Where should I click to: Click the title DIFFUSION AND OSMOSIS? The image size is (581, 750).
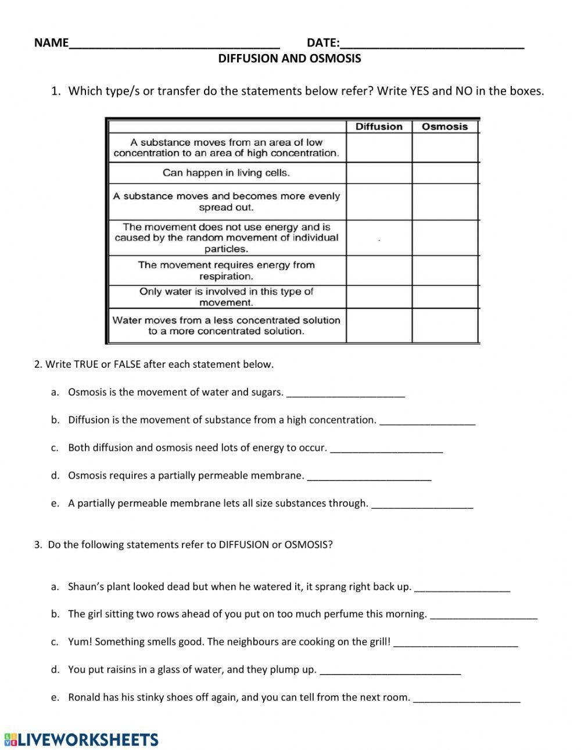click(289, 59)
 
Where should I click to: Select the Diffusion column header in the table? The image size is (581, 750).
click(379, 127)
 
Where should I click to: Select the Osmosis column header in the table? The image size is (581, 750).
click(444, 127)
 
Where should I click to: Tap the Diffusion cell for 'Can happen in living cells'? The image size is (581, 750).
click(379, 173)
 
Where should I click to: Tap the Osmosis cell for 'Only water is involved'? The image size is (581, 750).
click(444, 297)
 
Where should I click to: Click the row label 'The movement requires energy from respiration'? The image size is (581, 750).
click(227, 271)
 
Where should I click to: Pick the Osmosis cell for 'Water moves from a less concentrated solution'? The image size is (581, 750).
click(444, 325)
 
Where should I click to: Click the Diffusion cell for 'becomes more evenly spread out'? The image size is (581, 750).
click(379, 202)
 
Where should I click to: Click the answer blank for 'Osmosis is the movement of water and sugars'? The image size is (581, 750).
click(346, 394)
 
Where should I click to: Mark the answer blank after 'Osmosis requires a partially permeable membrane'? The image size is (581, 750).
click(369, 478)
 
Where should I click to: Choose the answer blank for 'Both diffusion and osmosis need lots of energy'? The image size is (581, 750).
click(386, 450)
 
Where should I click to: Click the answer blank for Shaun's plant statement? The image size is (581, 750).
click(462, 588)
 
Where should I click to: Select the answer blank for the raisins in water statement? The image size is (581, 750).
click(390, 672)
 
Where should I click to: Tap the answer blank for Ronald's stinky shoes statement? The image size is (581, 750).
click(467, 699)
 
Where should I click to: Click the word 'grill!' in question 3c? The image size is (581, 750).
click(376, 642)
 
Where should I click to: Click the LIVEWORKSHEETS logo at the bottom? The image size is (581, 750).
click(81, 739)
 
